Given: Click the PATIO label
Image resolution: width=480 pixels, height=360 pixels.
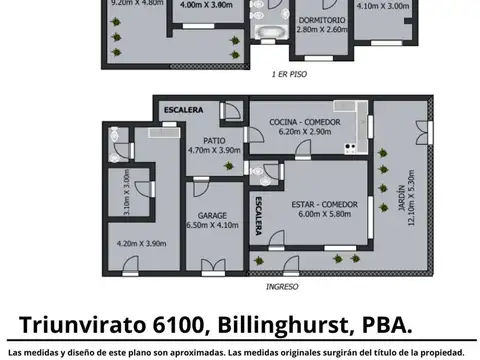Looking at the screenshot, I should tap(212, 140).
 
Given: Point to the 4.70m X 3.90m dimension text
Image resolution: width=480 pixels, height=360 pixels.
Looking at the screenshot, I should tap(212, 150).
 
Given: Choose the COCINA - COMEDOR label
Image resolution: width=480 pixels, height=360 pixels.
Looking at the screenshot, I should tap(306, 122).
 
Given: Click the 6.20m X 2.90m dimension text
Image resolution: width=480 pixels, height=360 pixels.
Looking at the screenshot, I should tap(306, 131).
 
